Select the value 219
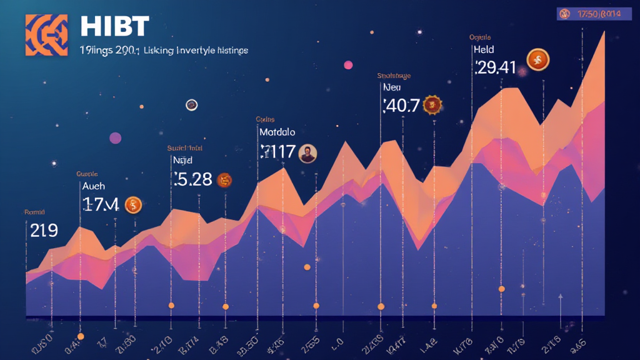click(44, 231)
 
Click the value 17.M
click(100, 204)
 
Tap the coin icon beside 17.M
click(134, 204)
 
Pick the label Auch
click(93, 186)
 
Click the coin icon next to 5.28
click(224, 180)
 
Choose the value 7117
click(276, 152)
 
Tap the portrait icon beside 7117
click(307, 153)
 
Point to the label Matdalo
click(277, 132)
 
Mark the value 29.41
click(495, 67)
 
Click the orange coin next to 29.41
click(537, 59)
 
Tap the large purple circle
click(115, 138)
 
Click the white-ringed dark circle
click(191, 105)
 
